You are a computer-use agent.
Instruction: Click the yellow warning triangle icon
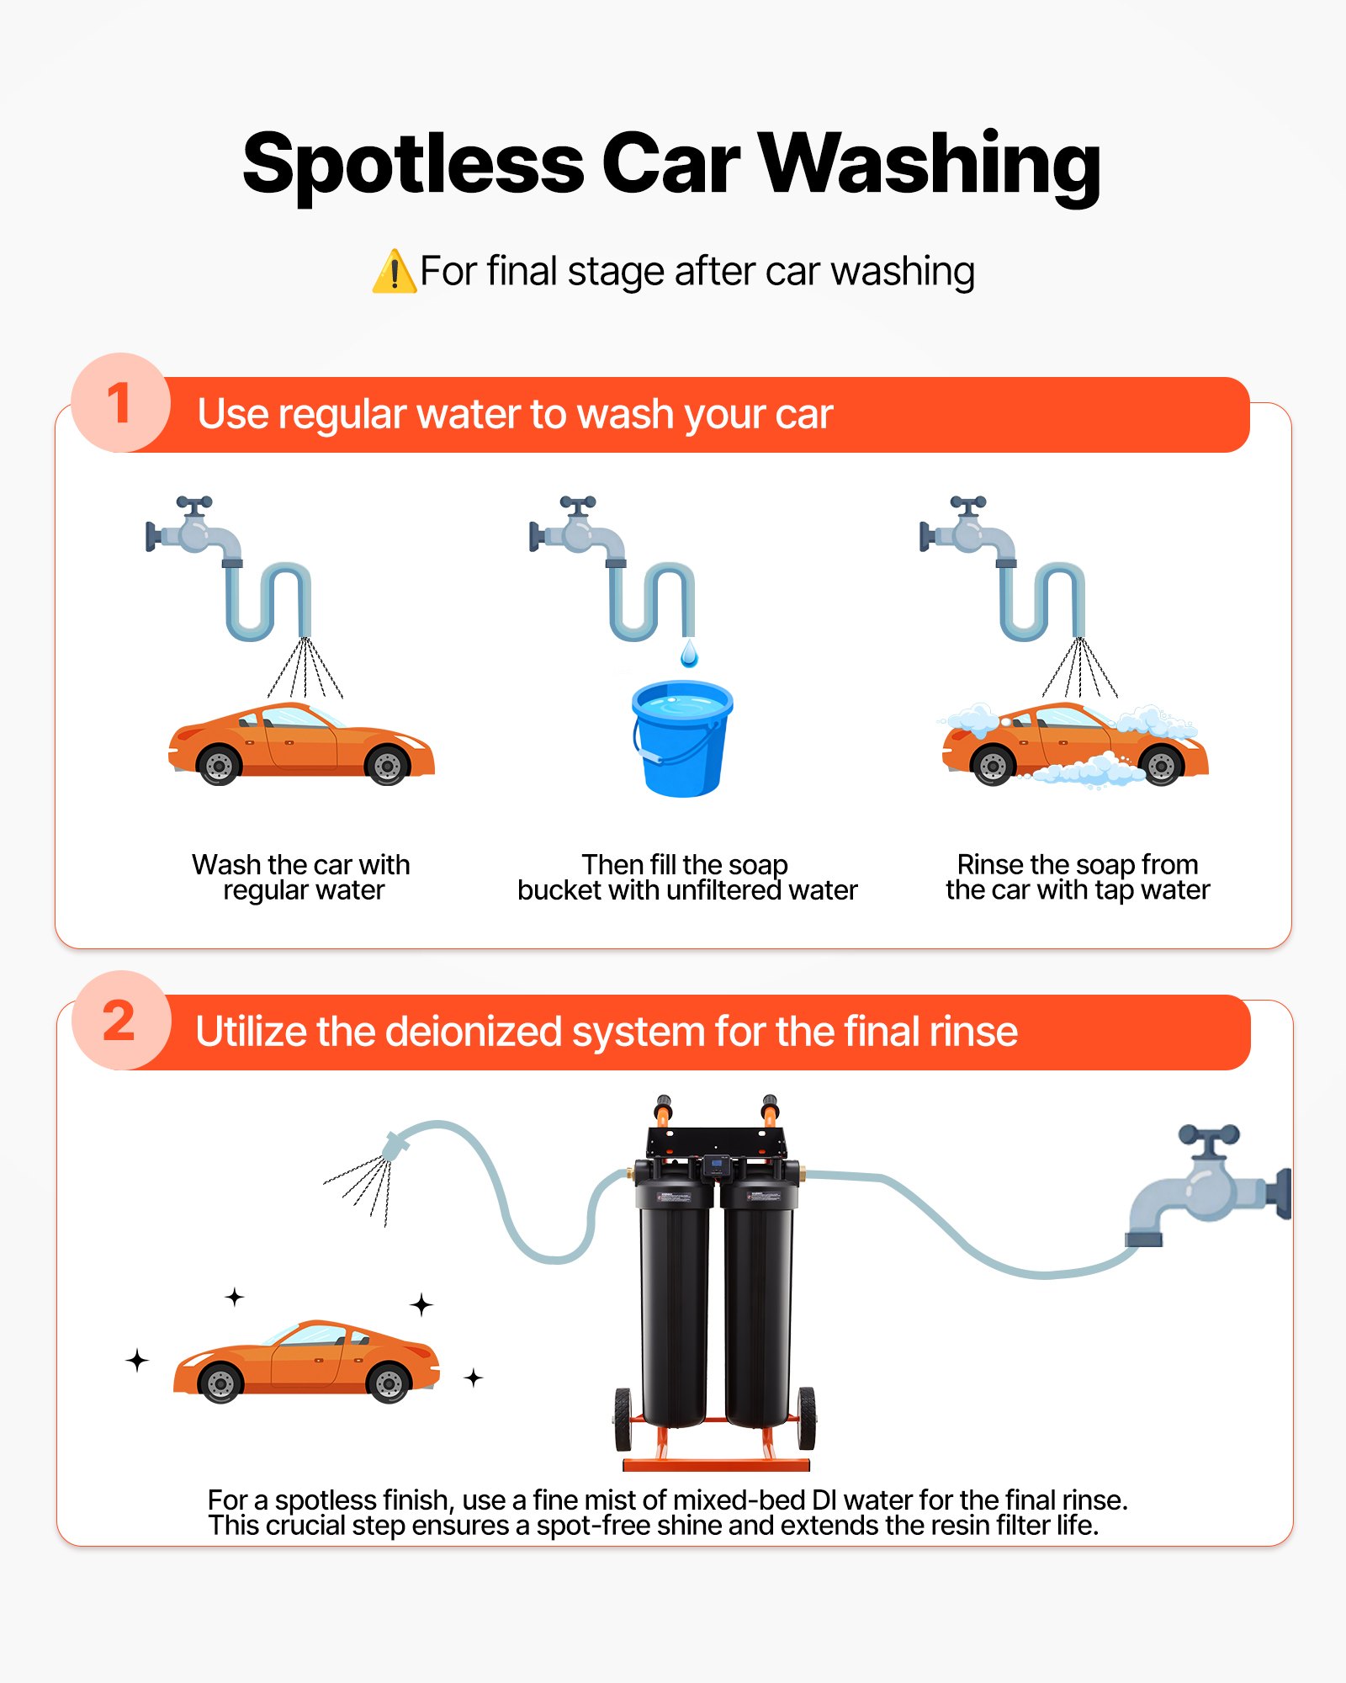coord(394,273)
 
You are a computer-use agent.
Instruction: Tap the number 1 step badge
coord(120,403)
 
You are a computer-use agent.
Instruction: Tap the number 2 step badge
coord(120,1021)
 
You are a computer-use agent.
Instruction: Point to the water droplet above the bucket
coord(689,654)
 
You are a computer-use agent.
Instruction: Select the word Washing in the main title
coord(930,165)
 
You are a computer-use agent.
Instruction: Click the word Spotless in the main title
coord(412,165)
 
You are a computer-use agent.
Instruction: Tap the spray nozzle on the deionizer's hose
coord(395,1146)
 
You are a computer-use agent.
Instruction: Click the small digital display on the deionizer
coord(717,1166)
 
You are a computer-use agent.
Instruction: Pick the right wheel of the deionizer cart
coord(806,1419)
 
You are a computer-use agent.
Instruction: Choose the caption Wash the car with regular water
coord(301,877)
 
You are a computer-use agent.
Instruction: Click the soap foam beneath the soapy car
coord(1085,771)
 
